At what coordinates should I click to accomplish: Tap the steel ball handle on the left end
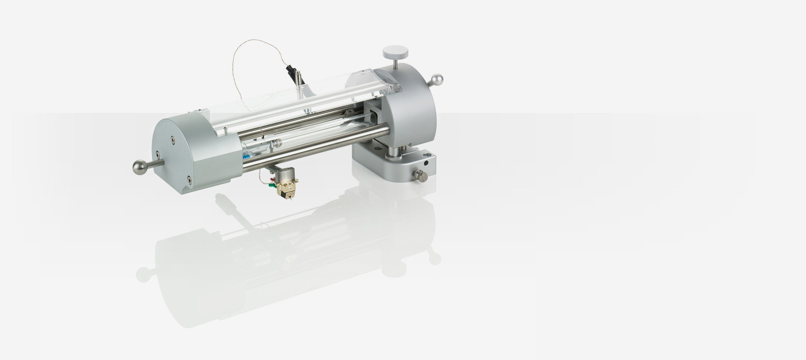point(140,167)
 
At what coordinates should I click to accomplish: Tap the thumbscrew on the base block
point(420,175)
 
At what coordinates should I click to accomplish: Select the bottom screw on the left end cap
point(189,180)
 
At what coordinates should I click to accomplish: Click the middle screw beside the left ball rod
point(157,154)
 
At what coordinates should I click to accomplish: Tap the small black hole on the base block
point(426,163)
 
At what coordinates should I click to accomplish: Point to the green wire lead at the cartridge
point(271,184)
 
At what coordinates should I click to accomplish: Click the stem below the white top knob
point(395,63)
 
